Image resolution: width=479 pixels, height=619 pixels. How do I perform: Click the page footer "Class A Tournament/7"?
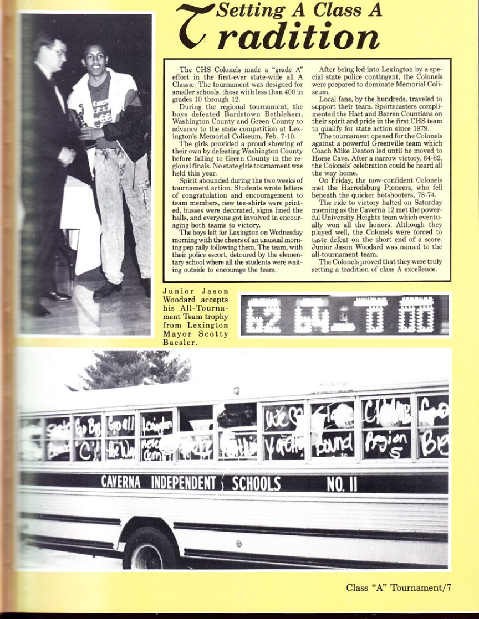click(x=399, y=587)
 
